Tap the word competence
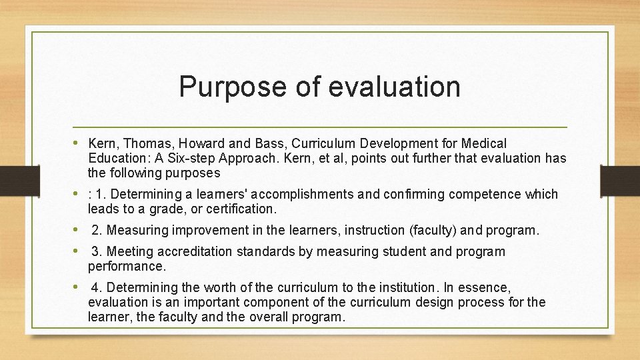487,195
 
